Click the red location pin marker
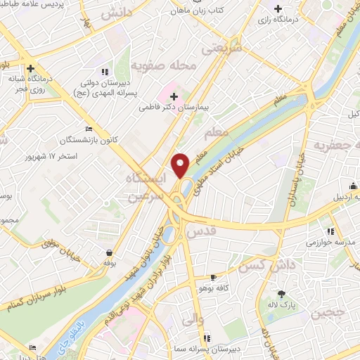pos(181,165)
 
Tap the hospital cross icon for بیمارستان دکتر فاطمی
pos(174,96)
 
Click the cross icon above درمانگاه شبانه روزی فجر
pos(32,69)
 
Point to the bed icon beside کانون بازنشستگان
pos(88,129)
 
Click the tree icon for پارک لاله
pos(282,294)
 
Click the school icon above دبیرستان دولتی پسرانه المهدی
pos(105,71)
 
